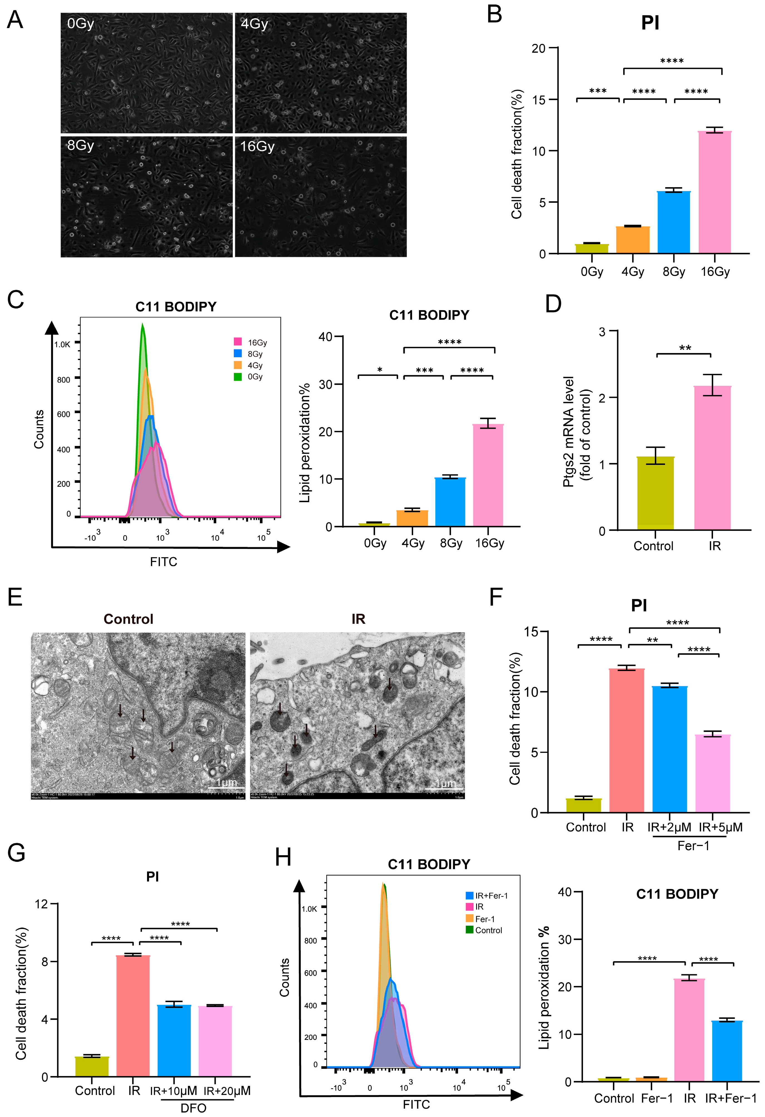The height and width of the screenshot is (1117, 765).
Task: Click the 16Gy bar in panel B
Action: coord(715,192)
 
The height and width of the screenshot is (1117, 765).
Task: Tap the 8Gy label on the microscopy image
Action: coord(80,145)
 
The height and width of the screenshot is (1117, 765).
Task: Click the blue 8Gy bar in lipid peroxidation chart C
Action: coord(450,502)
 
